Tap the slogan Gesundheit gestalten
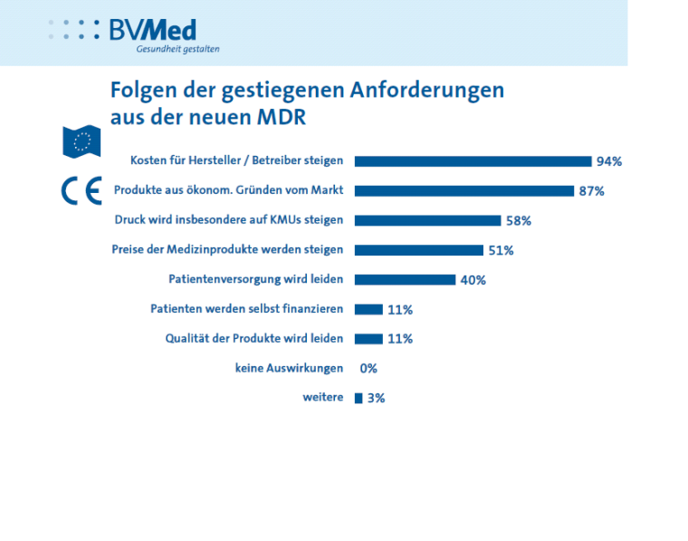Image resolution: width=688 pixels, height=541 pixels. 177,50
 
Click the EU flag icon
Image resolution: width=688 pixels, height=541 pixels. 81,140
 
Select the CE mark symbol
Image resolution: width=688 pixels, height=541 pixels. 81,190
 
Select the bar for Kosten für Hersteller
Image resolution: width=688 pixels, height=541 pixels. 472,161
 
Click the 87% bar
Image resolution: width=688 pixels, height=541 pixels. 463,191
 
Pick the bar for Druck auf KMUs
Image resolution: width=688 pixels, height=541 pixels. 427,220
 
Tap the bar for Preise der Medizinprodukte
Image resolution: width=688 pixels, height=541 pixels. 418,250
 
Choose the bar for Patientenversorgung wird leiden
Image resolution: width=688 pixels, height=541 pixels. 405,280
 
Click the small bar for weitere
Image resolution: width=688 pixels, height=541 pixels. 358,398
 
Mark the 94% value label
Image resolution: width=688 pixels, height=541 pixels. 609,162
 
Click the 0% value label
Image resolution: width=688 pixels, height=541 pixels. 368,369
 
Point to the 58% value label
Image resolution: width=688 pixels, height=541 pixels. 519,221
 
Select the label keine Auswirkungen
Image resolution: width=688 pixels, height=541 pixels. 289,368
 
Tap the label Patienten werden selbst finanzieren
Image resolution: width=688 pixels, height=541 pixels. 246,309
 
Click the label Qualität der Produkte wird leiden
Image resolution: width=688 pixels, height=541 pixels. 253,339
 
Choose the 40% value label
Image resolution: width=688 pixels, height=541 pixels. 473,280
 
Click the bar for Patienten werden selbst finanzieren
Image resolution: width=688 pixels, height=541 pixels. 368,310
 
